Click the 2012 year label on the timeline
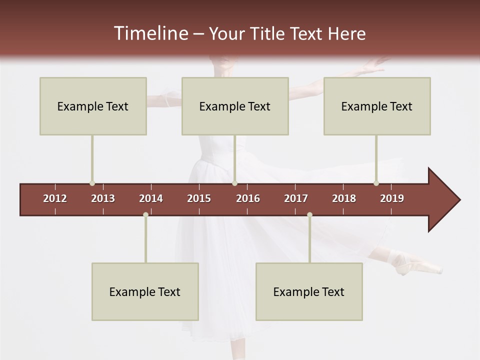click(55, 198)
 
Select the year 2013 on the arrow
click(103, 198)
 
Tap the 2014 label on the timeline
click(151, 198)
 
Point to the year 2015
click(199, 198)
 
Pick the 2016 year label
click(248, 198)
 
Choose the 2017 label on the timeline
click(296, 198)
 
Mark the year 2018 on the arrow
click(344, 198)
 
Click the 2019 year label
click(392, 198)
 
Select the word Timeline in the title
click(150, 33)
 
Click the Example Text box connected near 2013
click(93, 106)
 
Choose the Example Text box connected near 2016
click(235, 106)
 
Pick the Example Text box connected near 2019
click(377, 106)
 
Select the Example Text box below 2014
click(145, 291)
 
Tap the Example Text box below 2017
click(309, 291)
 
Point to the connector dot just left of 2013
click(92, 183)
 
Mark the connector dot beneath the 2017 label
click(309, 215)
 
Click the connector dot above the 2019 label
click(376, 183)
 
